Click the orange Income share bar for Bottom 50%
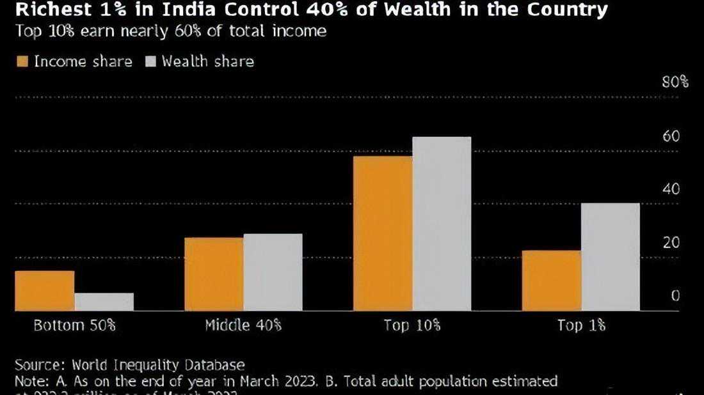[45, 291]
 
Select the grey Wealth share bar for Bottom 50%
[104, 302]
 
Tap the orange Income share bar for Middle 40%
[214, 274]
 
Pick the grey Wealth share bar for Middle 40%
[273, 272]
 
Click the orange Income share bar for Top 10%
[383, 233]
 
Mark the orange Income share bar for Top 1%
[552, 281]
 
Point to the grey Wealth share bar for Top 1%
[611, 257]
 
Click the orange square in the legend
[22, 61]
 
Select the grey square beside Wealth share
[151, 61]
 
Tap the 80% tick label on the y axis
[676, 82]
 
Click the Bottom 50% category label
[74, 325]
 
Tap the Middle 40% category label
[243, 325]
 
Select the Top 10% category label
[412, 325]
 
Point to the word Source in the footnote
[37, 366]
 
